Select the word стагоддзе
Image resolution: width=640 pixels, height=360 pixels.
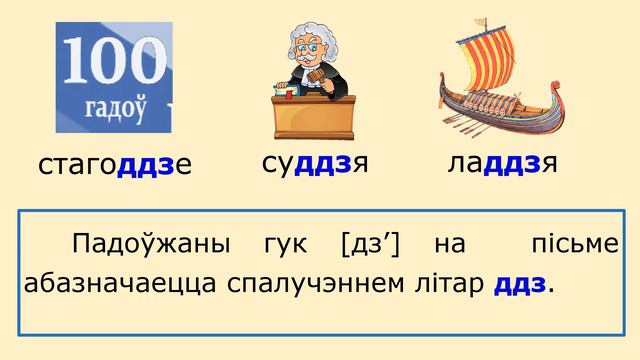(x=114, y=165)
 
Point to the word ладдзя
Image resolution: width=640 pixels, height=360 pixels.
(x=502, y=163)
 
